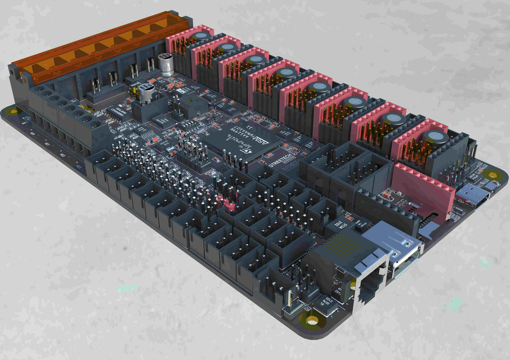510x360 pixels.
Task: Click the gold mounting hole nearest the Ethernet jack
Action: click(x=311, y=321)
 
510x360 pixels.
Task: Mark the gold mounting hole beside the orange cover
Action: click(x=11, y=112)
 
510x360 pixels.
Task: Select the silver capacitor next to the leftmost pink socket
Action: click(x=165, y=62)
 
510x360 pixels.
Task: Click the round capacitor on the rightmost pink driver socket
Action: click(x=436, y=138)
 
